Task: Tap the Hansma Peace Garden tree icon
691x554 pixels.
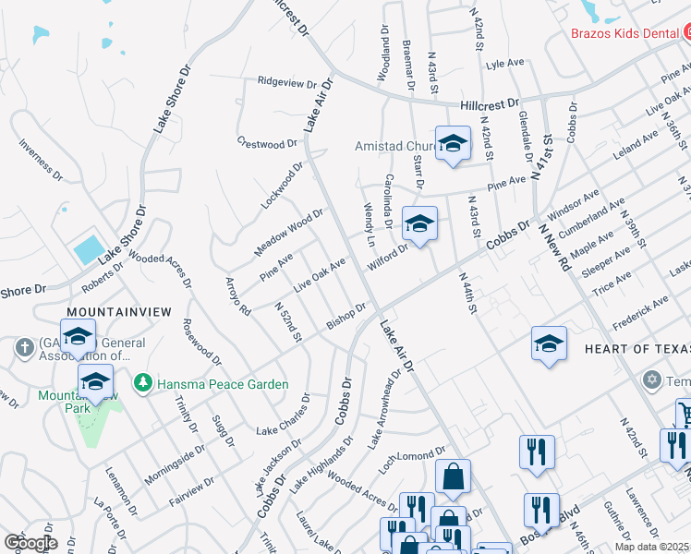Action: pos(141,382)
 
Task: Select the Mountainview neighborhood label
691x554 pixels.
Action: pos(118,312)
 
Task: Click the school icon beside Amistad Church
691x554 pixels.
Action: pos(452,143)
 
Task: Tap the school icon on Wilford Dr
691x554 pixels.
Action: pos(419,223)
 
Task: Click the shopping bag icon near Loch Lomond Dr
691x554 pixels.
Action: pos(453,476)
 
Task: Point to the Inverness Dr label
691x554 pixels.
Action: pos(40,162)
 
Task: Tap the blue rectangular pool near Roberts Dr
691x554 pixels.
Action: pos(89,248)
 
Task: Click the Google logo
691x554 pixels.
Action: pos(30,542)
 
